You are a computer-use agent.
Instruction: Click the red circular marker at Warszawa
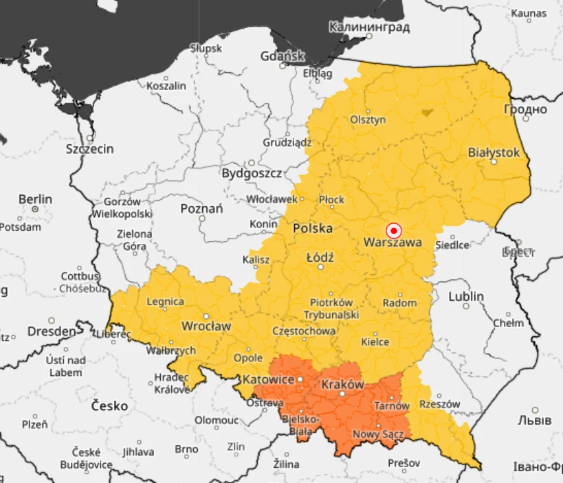coord(394,230)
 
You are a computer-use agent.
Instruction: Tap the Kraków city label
coord(342,385)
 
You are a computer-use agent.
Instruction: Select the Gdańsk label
coord(282,56)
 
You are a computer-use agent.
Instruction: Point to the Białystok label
coord(494,153)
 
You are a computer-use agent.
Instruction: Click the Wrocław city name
coord(206,325)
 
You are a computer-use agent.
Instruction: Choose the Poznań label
coord(201,209)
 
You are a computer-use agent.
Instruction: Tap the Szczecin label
coord(89,148)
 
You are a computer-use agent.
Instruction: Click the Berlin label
coord(35,199)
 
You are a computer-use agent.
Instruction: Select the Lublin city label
coord(466,297)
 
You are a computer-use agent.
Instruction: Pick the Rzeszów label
coord(439,404)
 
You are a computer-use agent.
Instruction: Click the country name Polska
coord(313,228)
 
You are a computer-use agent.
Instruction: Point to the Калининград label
coord(369,27)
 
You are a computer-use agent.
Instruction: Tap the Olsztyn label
coord(368,120)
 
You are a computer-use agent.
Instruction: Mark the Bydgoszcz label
coord(252,174)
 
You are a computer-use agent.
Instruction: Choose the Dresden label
coord(52,331)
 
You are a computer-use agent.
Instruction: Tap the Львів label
coord(535,420)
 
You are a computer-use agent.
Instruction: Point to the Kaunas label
coord(529,14)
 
